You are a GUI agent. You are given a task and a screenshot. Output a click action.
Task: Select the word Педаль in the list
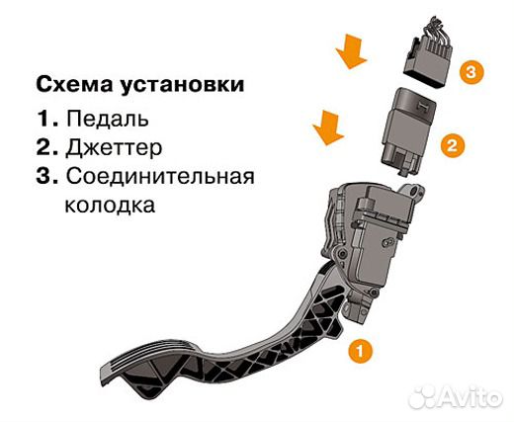(x=108, y=119)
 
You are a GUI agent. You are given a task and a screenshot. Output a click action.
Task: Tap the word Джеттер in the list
(x=114, y=148)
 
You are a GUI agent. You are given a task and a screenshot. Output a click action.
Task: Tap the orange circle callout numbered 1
(x=362, y=350)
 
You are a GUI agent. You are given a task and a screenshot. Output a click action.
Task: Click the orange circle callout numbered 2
(x=450, y=146)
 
